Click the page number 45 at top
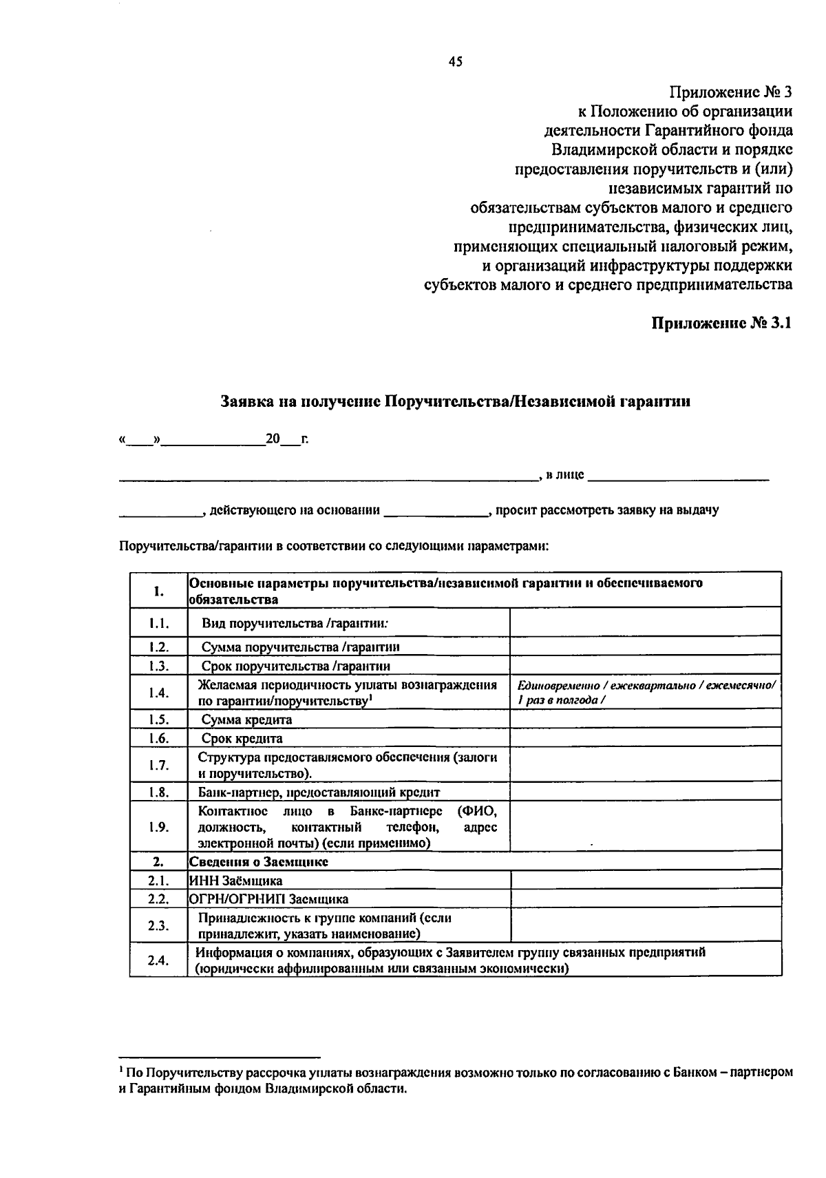point(455,62)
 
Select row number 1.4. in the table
point(158,693)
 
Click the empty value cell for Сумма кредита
point(645,719)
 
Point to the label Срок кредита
point(242,739)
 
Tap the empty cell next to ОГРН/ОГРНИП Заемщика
point(646,899)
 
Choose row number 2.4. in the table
point(158,960)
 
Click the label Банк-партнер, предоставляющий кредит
point(319,792)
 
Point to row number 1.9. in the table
point(158,827)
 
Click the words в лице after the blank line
point(565,474)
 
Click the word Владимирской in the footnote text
point(300,1089)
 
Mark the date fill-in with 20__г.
point(287,439)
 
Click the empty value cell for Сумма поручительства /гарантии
point(645,646)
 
